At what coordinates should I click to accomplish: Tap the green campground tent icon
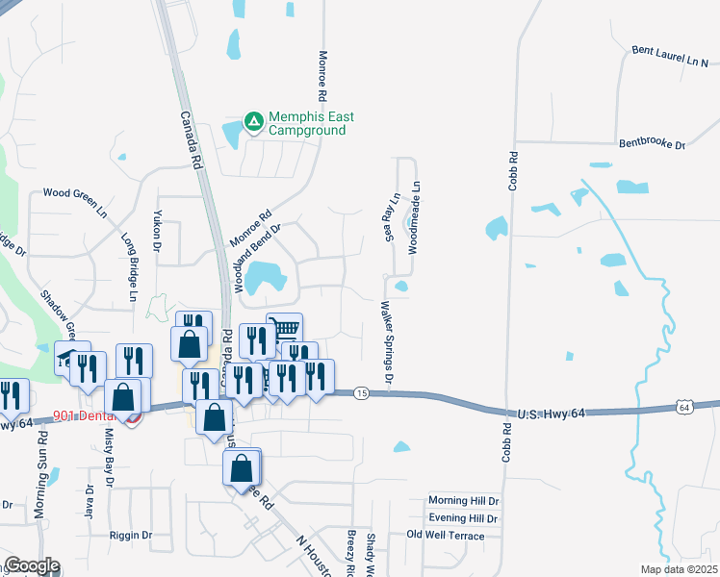[x=253, y=121]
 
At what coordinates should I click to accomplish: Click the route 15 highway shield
[x=361, y=393]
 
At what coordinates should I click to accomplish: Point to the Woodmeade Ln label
[x=414, y=217]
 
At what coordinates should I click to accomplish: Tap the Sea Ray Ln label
[x=390, y=219]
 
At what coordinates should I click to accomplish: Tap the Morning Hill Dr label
[x=464, y=501]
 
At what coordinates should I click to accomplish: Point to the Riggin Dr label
[x=131, y=535]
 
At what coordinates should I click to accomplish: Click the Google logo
[x=32, y=566]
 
